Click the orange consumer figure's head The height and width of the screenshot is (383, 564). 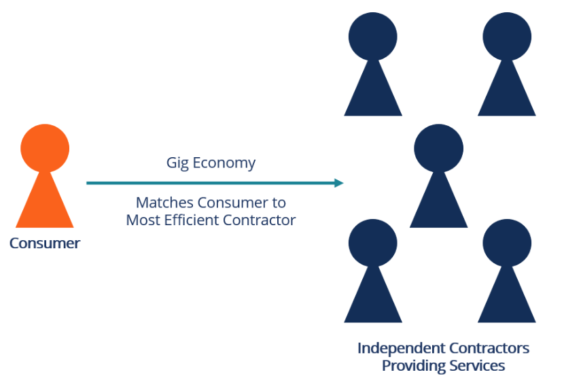point(45,148)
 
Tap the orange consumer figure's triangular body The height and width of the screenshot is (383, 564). point(45,204)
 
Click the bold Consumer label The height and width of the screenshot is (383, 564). point(45,243)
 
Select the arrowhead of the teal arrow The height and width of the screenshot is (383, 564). point(338,183)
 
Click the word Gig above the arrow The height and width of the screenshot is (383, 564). point(178,163)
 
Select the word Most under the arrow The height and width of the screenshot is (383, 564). point(143,220)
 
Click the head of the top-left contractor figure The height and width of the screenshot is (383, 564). point(372,36)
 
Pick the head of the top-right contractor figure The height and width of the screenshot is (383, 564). point(506,36)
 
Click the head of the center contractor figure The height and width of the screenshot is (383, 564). point(438,148)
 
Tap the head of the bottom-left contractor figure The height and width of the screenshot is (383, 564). point(372,243)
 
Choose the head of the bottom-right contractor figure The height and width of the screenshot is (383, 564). point(506,243)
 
